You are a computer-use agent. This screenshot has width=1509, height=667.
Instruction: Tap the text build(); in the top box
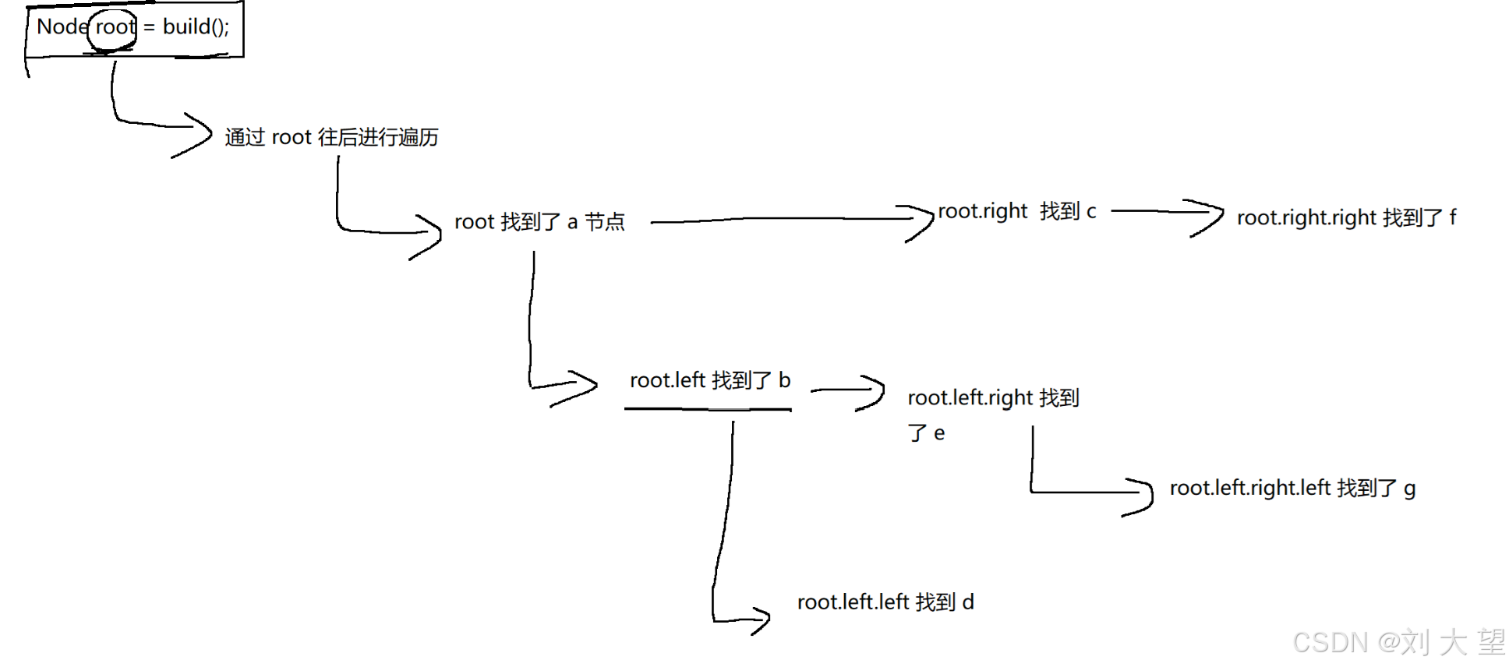[x=196, y=27]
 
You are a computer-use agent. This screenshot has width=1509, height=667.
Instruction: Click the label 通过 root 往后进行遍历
[x=331, y=137]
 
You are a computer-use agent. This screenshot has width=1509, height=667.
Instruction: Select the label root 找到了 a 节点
[x=539, y=222]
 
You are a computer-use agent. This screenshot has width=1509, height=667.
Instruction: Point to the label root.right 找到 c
[x=1016, y=211]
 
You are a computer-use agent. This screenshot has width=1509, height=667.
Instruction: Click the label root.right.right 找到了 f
[x=1346, y=217]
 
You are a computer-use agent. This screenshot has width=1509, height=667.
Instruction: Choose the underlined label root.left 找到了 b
[x=709, y=380]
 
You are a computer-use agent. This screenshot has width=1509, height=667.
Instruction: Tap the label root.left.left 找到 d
[x=885, y=602]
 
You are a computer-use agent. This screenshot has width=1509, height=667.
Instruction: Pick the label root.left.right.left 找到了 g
[x=1292, y=489]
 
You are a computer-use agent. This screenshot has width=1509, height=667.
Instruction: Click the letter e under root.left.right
[x=939, y=433]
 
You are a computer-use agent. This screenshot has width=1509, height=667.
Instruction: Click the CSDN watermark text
[x=1398, y=642]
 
